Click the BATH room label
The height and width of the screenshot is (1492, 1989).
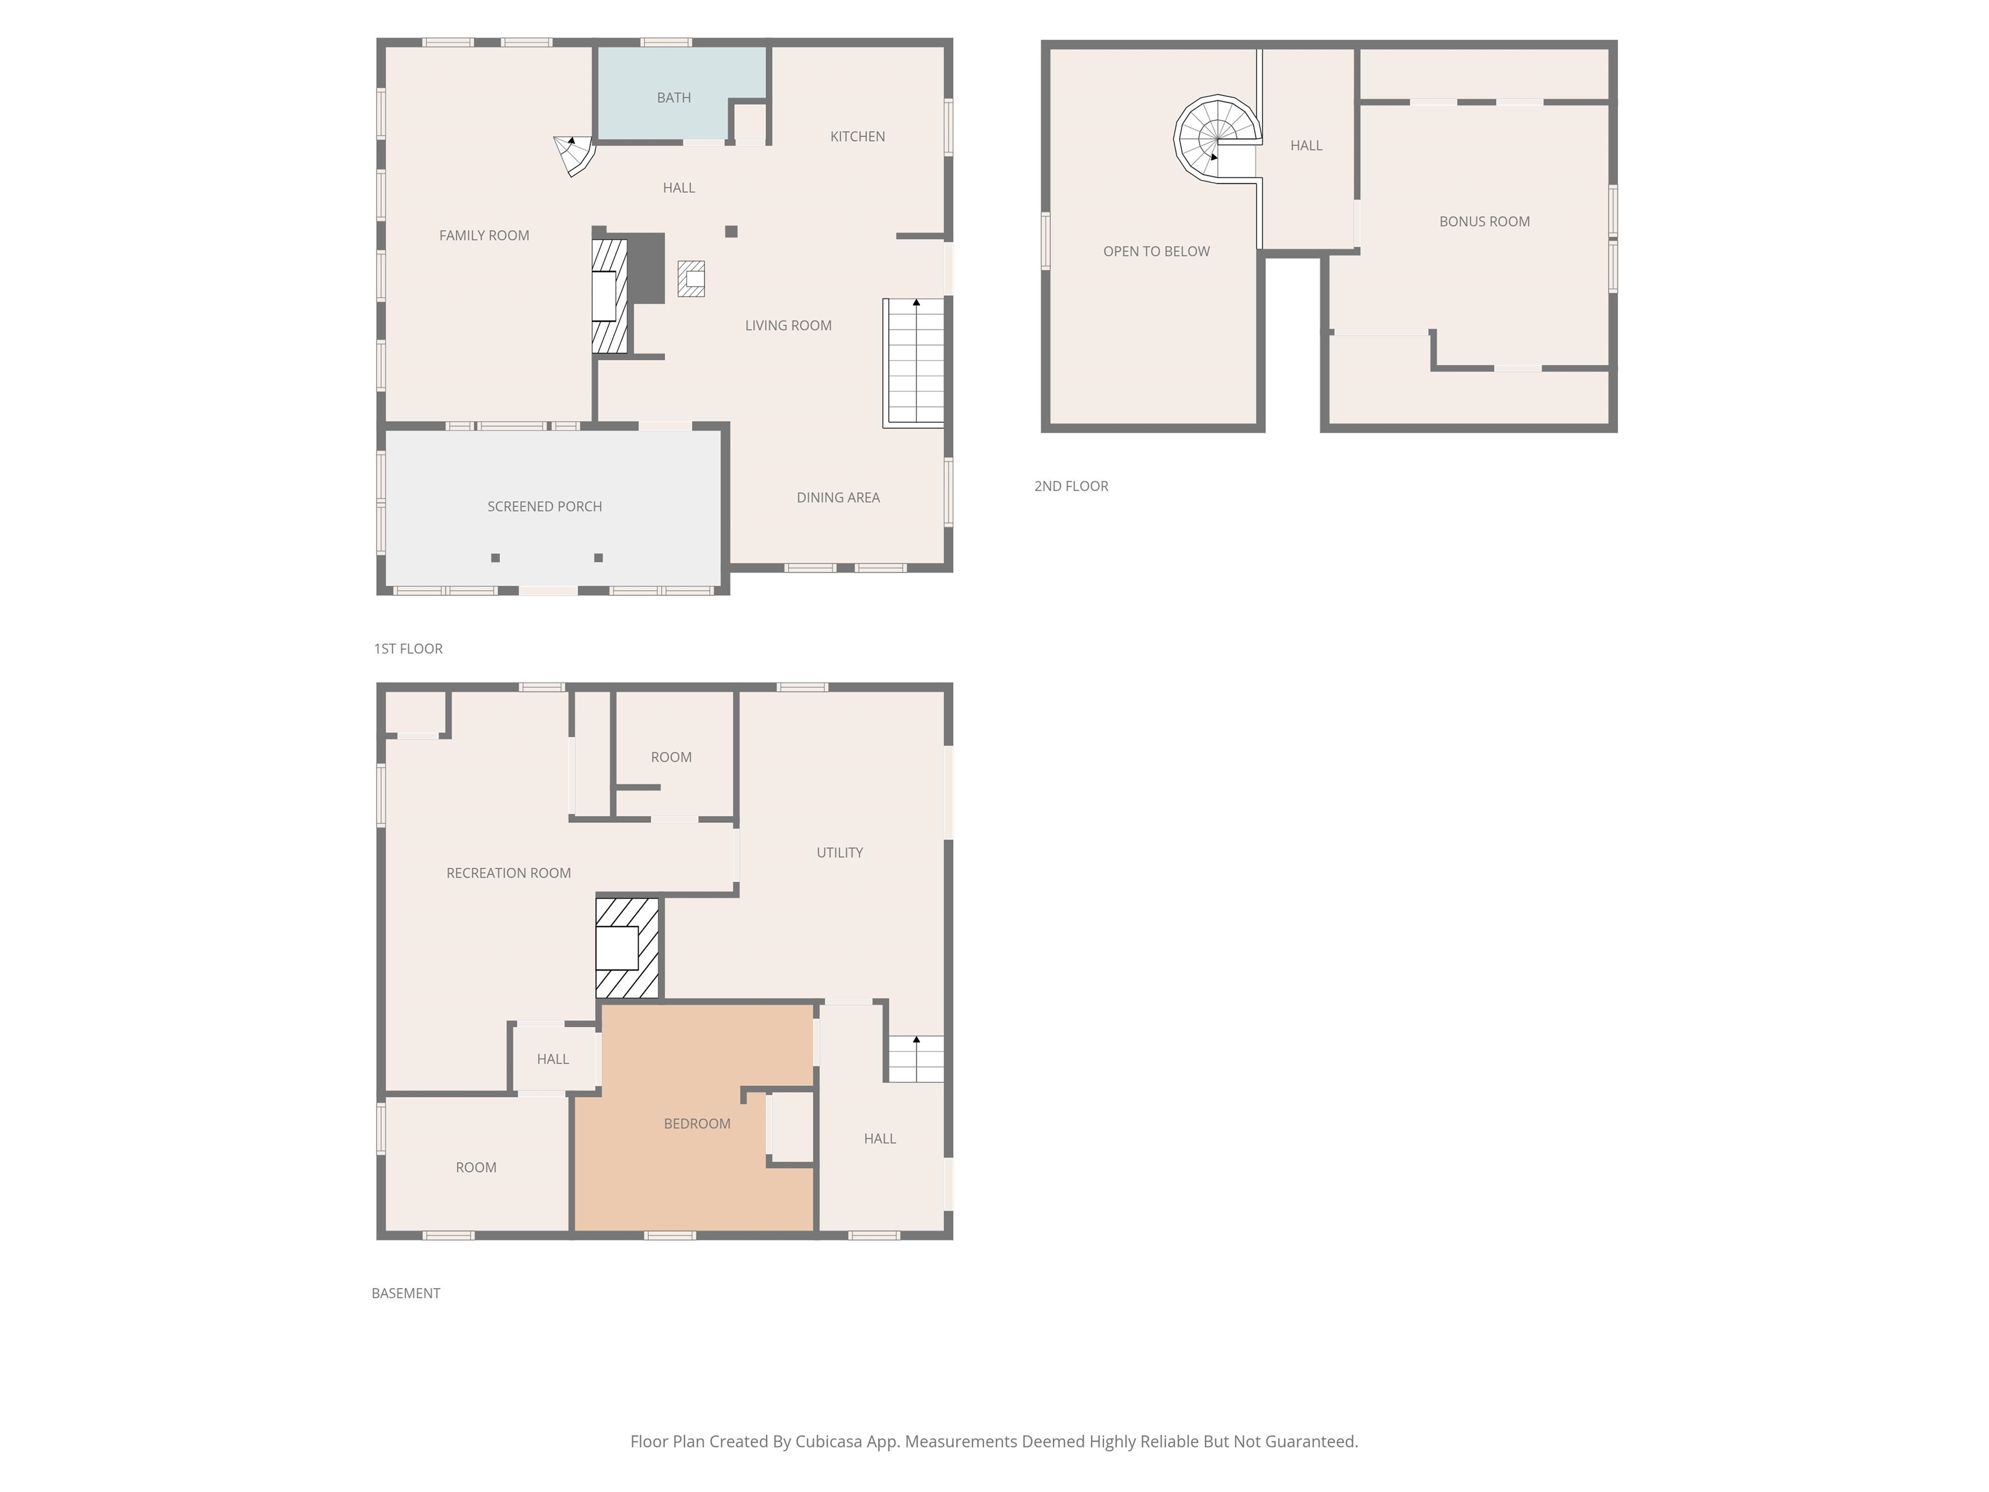(673, 97)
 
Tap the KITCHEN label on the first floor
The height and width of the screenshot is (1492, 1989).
(857, 137)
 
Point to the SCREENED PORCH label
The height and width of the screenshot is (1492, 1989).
(544, 506)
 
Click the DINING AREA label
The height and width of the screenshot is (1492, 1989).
(838, 497)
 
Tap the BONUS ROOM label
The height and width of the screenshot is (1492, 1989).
(1484, 221)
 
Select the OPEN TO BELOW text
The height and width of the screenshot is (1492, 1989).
(1156, 251)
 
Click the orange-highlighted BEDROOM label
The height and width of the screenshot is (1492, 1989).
(697, 1124)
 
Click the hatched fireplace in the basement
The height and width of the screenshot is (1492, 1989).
(627, 948)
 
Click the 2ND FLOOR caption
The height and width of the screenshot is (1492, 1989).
(1071, 486)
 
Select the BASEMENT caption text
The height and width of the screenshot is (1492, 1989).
(405, 1293)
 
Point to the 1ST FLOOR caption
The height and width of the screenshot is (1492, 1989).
(409, 648)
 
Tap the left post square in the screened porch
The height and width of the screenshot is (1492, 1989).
(495, 558)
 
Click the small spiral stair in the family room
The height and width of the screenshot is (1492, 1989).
(574, 155)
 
